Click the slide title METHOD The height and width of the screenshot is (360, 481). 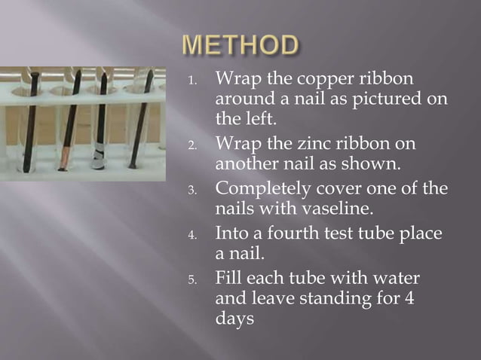click(x=240, y=45)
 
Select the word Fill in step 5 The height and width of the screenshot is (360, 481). click(x=229, y=278)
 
